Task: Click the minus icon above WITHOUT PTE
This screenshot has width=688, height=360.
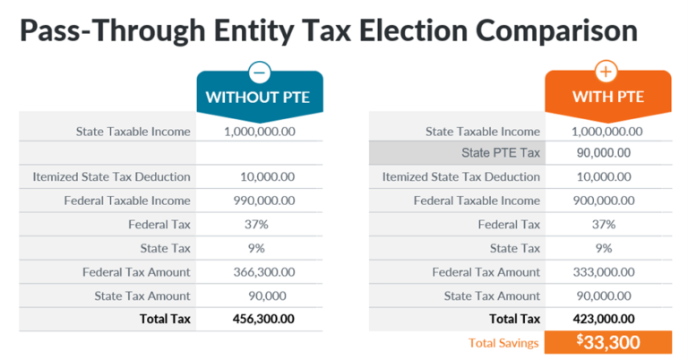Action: coord(259,72)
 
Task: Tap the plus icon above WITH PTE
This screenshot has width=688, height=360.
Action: coord(607,72)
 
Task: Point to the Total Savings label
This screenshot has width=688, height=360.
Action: coord(503,343)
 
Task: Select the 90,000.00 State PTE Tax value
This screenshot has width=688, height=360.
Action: coord(602,153)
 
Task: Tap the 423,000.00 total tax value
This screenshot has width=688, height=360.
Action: coord(603,319)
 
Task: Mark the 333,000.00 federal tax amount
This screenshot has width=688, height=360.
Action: coord(603,272)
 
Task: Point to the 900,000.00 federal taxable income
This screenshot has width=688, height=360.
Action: coord(603,201)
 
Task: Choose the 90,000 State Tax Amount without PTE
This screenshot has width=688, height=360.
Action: coord(257,296)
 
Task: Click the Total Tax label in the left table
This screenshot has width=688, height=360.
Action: coord(165,319)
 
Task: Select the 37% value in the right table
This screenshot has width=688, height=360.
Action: coord(603,225)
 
